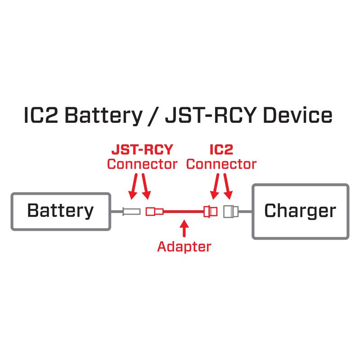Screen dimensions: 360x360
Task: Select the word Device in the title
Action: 297,116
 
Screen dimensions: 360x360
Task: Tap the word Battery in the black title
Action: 103,116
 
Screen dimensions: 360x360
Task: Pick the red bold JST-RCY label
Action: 142,150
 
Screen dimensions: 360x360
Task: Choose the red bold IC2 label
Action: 221,150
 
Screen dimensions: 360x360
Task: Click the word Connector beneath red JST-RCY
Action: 142,164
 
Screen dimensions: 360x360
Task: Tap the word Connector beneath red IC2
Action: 221,164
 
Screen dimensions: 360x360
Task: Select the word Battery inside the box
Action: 60,211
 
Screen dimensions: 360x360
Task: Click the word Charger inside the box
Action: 300,211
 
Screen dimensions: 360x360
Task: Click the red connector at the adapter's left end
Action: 153,211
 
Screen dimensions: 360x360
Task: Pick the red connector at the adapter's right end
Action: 210,211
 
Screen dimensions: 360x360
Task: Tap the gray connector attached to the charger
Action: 230,211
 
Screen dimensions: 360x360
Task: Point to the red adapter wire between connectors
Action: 182,211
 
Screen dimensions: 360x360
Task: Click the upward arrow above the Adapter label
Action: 183,227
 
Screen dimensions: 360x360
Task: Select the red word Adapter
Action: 184,246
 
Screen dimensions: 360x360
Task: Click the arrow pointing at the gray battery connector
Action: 134,187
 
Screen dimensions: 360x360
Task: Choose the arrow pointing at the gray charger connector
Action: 228,187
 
